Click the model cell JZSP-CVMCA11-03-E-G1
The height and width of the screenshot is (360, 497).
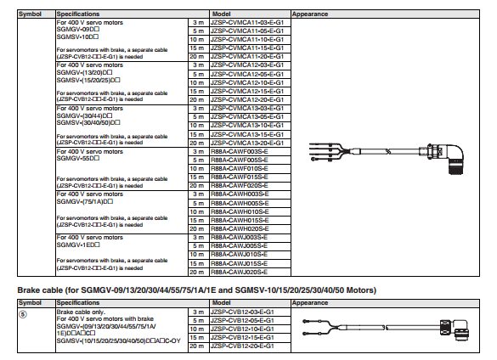click(247, 22)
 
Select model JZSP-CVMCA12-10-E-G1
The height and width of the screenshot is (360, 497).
click(247, 82)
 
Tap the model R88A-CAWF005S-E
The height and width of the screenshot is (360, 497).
click(240, 160)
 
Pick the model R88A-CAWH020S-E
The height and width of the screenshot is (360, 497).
click(240, 228)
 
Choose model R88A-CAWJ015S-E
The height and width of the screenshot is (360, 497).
click(239, 264)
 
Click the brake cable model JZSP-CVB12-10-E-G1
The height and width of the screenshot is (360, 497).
click(242, 329)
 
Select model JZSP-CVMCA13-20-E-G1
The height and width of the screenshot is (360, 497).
click(247, 143)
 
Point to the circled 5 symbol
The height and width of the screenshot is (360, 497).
click(23, 314)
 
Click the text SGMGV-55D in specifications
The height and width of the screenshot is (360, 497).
click(78, 158)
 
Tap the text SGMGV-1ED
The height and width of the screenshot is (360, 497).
click(78, 245)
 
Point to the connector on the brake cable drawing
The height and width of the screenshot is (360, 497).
click(455, 329)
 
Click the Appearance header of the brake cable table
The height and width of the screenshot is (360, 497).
click(310, 302)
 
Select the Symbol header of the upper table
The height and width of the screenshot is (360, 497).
click(30, 14)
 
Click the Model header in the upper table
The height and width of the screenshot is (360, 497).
click(221, 14)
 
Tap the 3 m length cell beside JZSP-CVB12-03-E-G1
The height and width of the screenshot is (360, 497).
click(199, 312)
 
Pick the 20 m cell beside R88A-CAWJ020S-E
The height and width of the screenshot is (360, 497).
click(197, 272)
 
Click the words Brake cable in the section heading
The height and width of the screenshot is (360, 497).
click(40, 290)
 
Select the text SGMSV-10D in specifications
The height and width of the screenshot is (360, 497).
click(77, 37)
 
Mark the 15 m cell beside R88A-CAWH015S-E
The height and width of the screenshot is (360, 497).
click(197, 220)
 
